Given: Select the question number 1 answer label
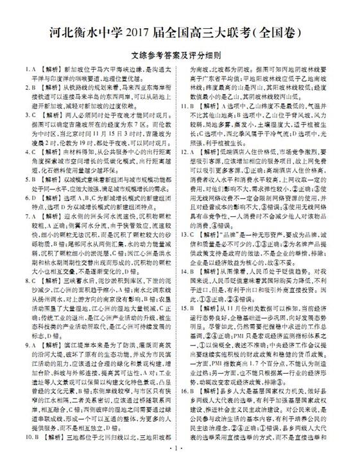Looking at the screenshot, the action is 21,67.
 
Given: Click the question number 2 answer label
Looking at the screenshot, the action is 21,92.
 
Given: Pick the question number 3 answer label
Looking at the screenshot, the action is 21,117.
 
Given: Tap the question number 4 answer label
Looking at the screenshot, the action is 21,152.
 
